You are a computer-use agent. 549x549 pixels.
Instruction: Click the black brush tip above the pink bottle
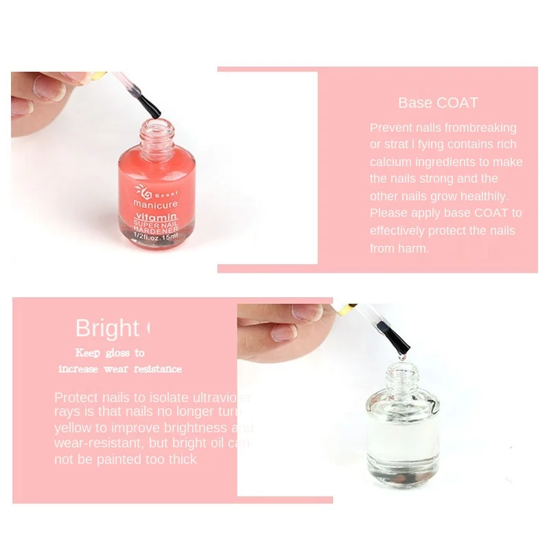(149, 106)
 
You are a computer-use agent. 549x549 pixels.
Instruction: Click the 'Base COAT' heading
(438, 103)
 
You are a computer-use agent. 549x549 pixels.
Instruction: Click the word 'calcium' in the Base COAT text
(393, 162)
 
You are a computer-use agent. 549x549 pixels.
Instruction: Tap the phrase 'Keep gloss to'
(110, 353)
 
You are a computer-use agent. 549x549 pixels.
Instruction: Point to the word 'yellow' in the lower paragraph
(71, 428)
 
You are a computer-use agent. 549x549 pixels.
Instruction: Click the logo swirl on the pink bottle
(143, 189)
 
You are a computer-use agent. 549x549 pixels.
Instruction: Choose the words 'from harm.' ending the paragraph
(399, 248)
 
